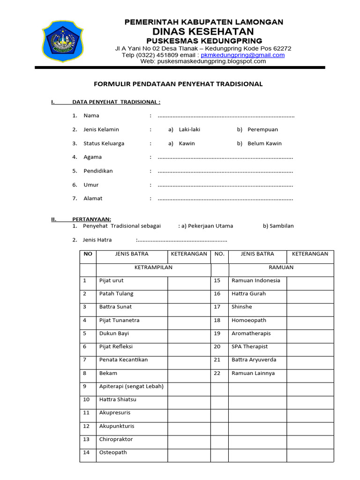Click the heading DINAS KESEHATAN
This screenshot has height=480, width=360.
pos(203,31)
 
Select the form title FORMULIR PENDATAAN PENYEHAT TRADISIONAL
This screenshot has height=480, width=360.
pos(179,84)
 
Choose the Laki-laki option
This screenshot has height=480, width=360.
pos(189,129)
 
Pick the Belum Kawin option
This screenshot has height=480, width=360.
pos(264,143)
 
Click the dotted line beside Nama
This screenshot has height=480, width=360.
pos(226,116)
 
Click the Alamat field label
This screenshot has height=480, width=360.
pos(93,198)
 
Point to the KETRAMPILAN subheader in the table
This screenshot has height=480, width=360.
pos(154,267)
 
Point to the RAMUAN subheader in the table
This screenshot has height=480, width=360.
pos(281,267)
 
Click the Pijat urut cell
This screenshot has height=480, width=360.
pos(112,280)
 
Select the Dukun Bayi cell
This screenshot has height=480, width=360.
pos(114,333)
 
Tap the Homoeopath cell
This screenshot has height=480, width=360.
pos(248,320)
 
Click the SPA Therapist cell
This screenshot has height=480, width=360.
pos(249,346)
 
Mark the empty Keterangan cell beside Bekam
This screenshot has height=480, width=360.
pos(189,374)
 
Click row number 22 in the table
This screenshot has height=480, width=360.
pos(217,374)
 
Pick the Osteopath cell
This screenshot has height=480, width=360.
pos(113,452)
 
